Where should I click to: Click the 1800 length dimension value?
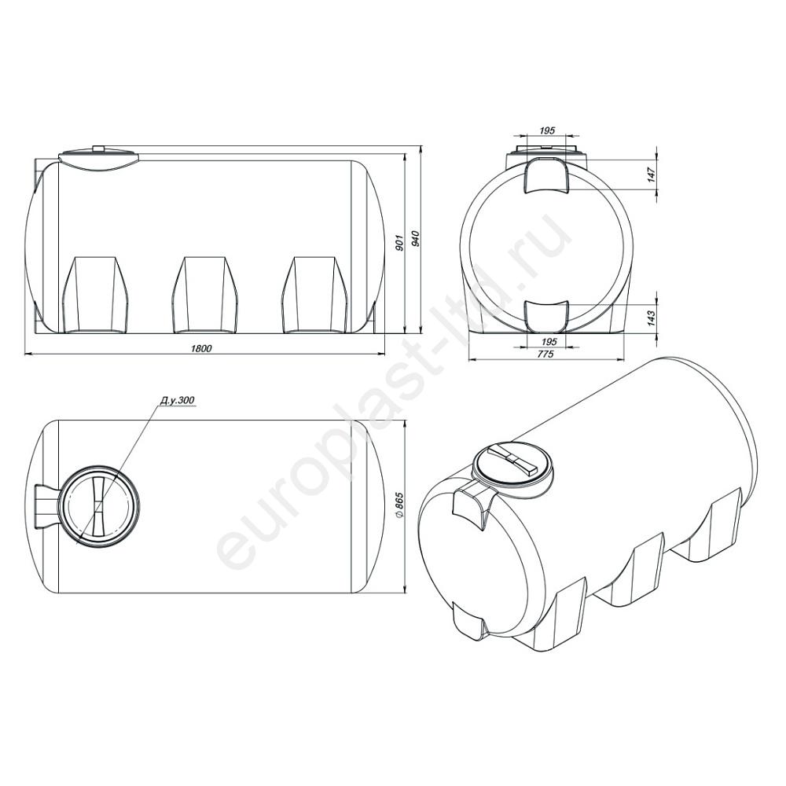point(202,349)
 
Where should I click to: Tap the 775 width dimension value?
point(546,354)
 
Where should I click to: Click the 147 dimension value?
point(651,174)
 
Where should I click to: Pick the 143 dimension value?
point(651,318)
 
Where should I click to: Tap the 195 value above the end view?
point(547,130)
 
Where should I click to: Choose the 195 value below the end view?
point(549,341)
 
